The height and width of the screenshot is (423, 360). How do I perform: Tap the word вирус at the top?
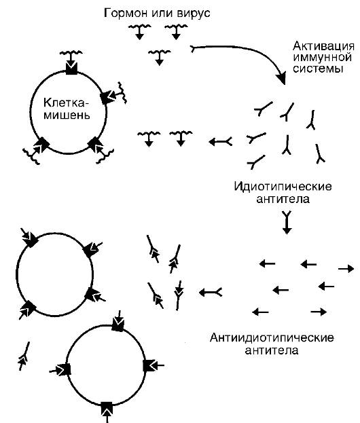[193, 13]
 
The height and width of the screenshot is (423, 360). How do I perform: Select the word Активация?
[323, 46]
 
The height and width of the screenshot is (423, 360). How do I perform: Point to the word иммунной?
[322, 58]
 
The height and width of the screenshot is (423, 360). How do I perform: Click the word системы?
[318, 69]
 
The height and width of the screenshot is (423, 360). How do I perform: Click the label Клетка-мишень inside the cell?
[67, 109]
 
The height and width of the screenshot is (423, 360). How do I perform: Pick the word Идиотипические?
[283, 187]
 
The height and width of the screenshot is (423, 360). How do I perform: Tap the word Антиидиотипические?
[272, 337]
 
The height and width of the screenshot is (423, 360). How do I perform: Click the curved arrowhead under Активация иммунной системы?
[281, 78]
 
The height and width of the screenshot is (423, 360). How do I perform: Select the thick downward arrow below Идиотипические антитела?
[287, 223]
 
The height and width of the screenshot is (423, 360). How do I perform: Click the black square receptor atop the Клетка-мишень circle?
[71, 69]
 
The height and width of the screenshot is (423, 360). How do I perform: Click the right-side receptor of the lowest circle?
[149, 366]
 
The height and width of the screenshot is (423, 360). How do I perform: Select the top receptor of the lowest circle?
[118, 325]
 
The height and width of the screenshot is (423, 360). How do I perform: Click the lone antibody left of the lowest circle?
[24, 356]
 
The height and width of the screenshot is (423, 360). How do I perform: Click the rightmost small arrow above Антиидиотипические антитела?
[346, 269]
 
